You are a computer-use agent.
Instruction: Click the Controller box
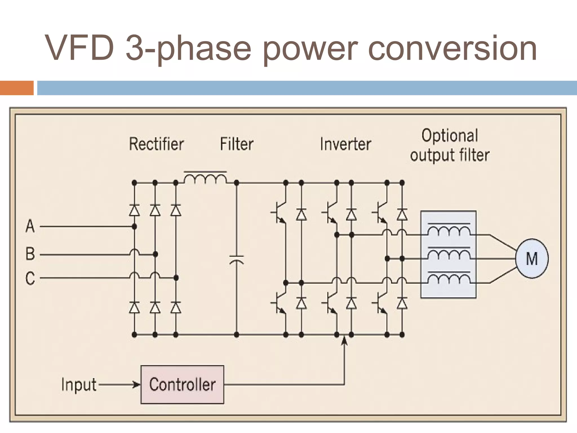coord(182,385)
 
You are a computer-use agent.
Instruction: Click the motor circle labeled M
coord(532,259)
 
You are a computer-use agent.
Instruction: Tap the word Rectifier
coord(156,144)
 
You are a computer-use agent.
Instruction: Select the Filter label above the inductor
coord(237,144)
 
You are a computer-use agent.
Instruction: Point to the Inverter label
coord(345,144)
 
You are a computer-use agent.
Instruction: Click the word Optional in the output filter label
coord(450,136)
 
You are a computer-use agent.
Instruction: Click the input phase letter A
coord(30,226)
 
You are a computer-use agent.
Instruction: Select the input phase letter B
coord(30,254)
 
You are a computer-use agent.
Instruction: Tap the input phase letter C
coord(30,278)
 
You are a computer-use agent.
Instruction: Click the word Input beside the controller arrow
coord(79,385)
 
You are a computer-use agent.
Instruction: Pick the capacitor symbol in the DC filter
coord(236,260)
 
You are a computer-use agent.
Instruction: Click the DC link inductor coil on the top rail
coord(205,179)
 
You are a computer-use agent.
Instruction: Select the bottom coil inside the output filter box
coord(449,279)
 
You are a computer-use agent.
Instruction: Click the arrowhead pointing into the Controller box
coord(137,385)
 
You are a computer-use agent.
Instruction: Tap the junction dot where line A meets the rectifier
coord(134,226)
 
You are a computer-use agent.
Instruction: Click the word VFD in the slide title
coord(80,48)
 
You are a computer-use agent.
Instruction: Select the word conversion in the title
coord(452,48)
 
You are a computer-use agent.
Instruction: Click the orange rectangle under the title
coord(17,88)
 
